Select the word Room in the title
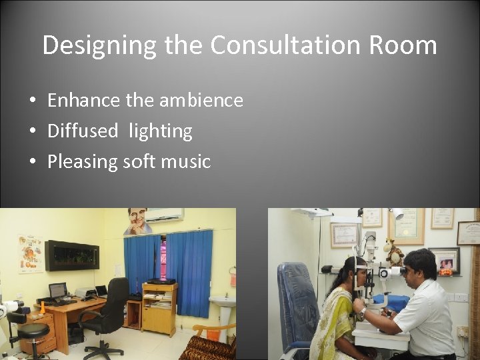(402, 45)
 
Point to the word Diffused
(83, 131)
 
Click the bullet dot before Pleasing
(32, 162)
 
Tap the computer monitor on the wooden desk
(58, 290)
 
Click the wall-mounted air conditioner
(163, 215)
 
